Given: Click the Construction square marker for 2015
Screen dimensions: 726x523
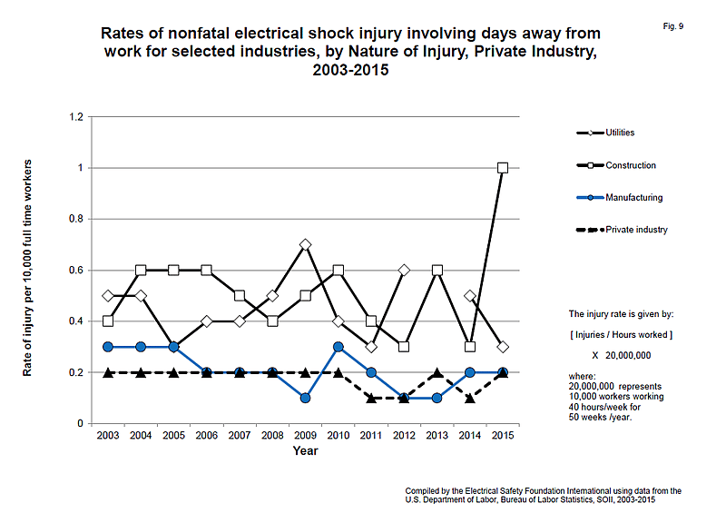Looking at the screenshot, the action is [x=503, y=168].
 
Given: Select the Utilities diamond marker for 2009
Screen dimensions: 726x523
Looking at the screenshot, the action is [x=305, y=244].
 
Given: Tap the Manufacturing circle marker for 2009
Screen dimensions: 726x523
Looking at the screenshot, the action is [x=305, y=398].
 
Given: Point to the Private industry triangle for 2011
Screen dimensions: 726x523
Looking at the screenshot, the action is [x=371, y=398].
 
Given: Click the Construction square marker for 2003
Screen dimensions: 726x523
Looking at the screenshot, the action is [x=108, y=321].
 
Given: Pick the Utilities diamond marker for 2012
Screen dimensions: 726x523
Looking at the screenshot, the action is [x=404, y=270].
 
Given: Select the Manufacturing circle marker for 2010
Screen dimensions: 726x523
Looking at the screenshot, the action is [x=338, y=347].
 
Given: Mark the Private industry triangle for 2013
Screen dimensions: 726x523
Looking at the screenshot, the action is [x=437, y=372].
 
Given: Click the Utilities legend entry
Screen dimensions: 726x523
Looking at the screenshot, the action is [x=605, y=133].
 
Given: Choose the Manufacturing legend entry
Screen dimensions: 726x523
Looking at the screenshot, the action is [x=620, y=198].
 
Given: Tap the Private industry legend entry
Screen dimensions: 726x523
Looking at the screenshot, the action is [x=622, y=230].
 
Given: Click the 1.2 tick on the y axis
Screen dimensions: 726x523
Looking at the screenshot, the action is [x=76, y=117].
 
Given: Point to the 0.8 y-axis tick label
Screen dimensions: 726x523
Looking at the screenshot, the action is [x=76, y=219].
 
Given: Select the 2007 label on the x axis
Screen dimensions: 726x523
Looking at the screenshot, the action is [x=240, y=436].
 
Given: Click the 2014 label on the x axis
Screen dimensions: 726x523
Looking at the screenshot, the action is [x=469, y=436].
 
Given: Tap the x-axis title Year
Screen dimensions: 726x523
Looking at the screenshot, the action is [x=305, y=450].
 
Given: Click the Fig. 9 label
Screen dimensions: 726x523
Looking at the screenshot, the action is [x=673, y=26].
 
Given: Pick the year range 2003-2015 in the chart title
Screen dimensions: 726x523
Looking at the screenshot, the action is [x=350, y=70].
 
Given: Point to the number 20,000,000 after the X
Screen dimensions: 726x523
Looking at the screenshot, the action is [x=628, y=355].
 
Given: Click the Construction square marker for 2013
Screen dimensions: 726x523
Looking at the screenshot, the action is [x=437, y=270].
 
